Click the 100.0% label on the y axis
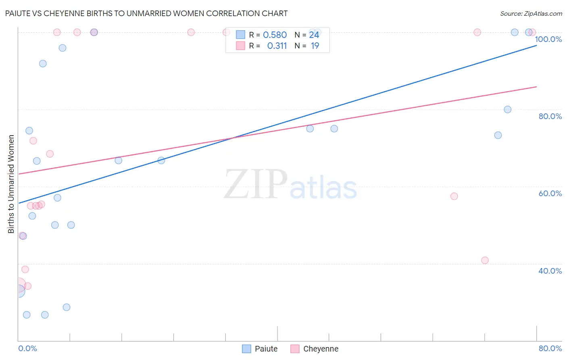(x=548, y=39)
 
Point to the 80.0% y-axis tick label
(x=550, y=116)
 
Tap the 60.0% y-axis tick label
(x=550, y=193)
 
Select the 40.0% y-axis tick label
(x=550, y=271)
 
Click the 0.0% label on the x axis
(x=27, y=348)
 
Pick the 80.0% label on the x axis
(x=550, y=348)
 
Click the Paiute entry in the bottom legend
(x=266, y=349)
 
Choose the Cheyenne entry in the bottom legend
(x=321, y=349)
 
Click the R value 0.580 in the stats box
(x=275, y=35)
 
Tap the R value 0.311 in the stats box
(x=277, y=46)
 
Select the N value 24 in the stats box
(x=314, y=35)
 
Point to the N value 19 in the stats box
(x=315, y=46)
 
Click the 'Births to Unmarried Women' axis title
(x=11, y=184)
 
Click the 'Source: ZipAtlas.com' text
(x=531, y=14)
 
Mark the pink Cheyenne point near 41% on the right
(x=485, y=260)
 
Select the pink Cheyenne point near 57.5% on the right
(x=454, y=196)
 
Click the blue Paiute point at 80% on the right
(x=507, y=109)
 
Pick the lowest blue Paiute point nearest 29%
(x=67, y=307)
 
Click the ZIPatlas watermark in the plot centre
(x=290, y=185)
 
